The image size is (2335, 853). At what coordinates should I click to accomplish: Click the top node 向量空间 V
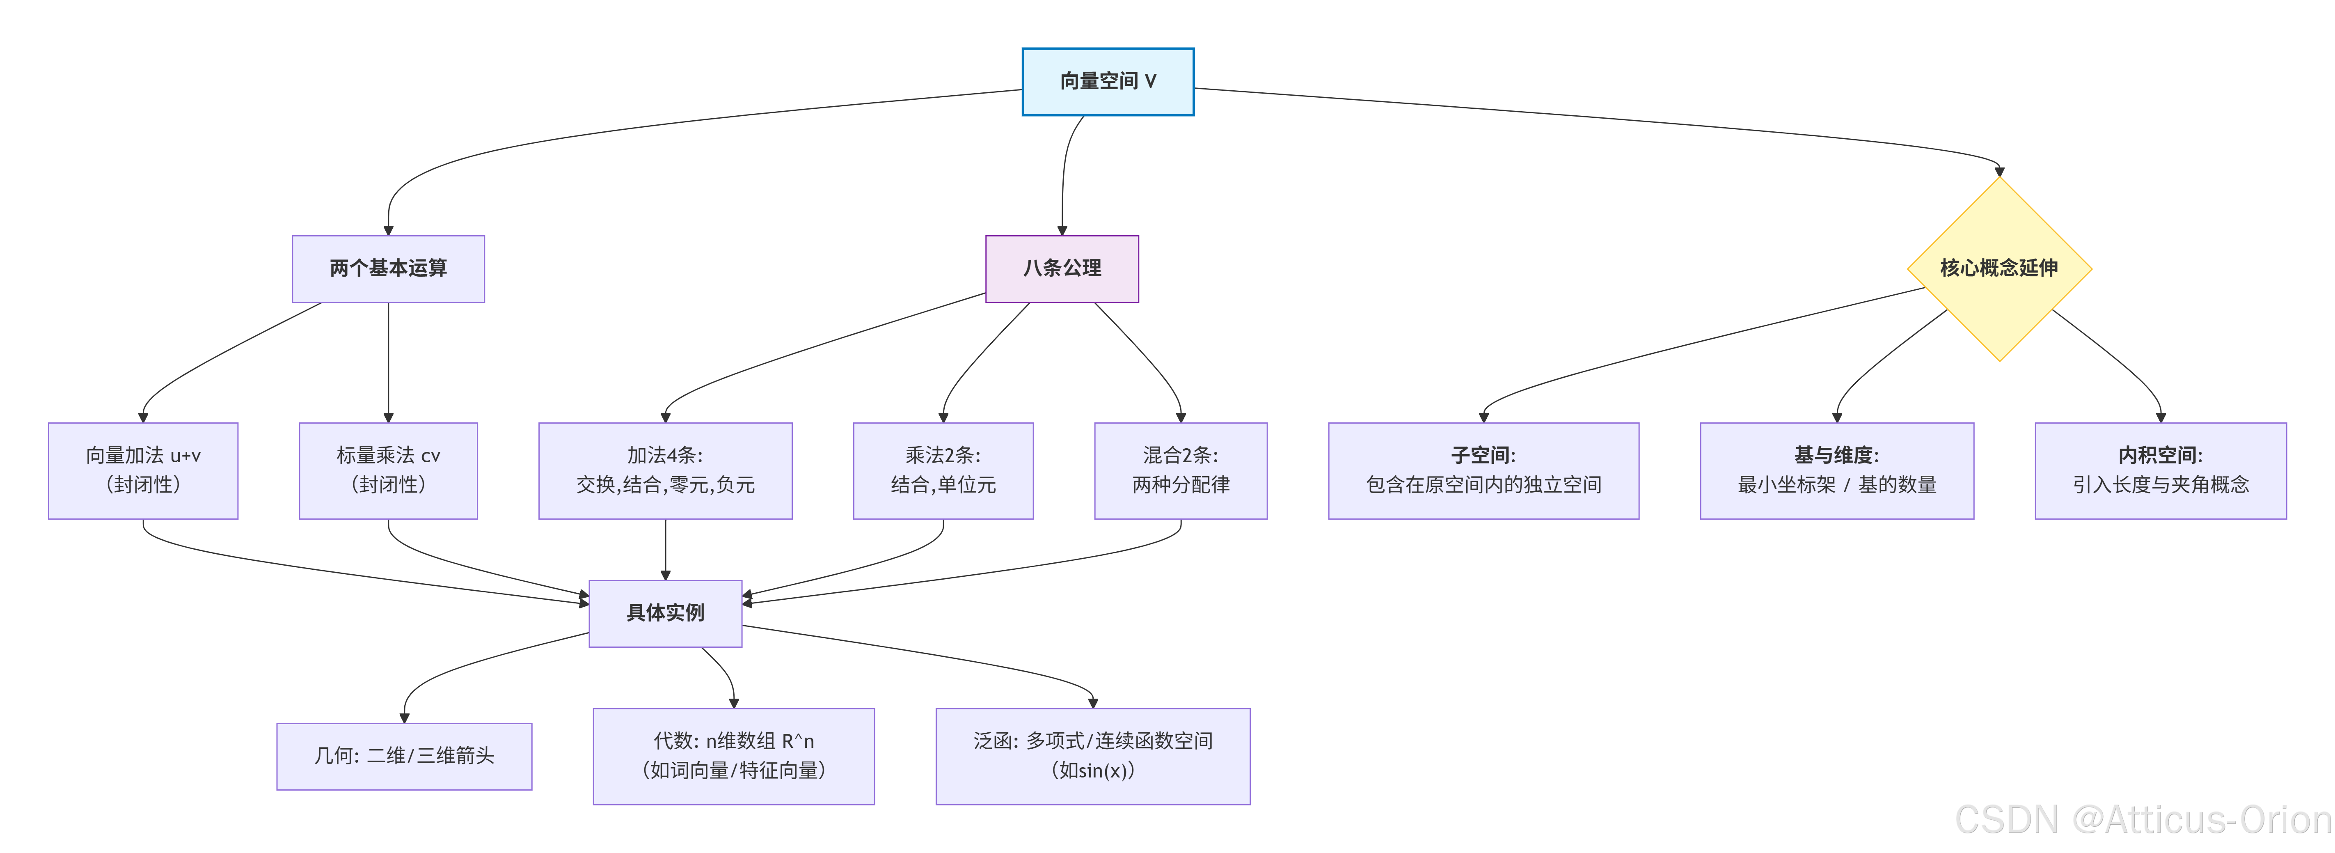pyautogui.click(x=1108, y=82)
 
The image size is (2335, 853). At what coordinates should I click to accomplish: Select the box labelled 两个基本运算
pyautogui.click(x=388, y=268)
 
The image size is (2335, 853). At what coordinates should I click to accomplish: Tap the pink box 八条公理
pyautogui.click(x=1062, y=268)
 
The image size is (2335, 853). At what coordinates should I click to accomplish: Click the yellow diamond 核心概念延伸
pyautogui.click(x=1999, y=268)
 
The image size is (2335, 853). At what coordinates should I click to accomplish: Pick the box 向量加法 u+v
pyautogui.click(x=143, y=470)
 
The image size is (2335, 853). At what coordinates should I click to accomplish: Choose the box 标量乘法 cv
pyautogui.click(x=388, y=470)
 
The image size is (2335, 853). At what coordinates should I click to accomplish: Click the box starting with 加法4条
pyautogui.click(x=665, y=470)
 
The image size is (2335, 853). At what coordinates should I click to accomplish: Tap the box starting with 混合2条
pyautogui.click(x=1180, y=470)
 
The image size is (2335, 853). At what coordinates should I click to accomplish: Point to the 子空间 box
pyautogui.click(x=1483, y=470)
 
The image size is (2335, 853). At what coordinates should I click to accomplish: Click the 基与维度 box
pyautogui.click(x=1836, y=470)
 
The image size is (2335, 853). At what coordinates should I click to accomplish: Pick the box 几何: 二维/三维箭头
pyautogui.click(x=404, y=756)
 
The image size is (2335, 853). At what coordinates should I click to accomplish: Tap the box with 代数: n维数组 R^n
pyautogui.click(x=733, y=756)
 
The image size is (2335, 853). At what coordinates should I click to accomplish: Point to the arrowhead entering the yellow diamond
pyautogui.click(x=1999, y=171)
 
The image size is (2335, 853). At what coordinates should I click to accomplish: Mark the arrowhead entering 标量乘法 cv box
pyautogui.click(x=388, y=418)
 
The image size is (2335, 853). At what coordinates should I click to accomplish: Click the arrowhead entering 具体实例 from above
pyautogui.click(x=665, y=576)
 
